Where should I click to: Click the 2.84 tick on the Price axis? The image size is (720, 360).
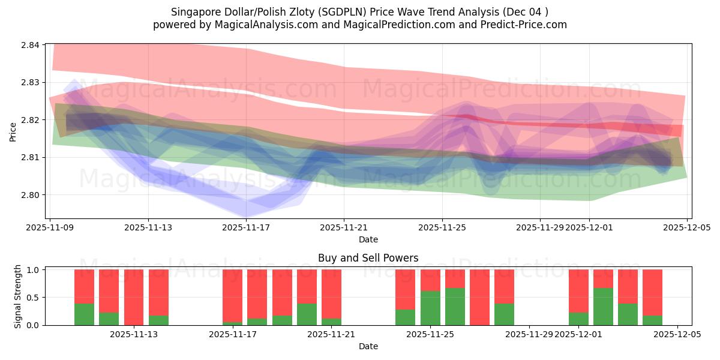pos(31,45)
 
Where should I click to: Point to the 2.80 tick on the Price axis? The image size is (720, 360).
pos(31,195)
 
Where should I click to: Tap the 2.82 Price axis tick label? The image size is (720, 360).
pos(31,120)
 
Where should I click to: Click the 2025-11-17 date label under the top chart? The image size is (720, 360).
pos(247,227)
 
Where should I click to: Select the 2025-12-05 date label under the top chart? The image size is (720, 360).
pos(687,227)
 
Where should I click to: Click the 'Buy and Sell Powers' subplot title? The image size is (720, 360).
pos(368,259)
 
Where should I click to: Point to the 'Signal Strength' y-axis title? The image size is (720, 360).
pos(17,297)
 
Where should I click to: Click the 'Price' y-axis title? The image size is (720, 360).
pos(13,131)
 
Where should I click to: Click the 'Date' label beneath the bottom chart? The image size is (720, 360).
pos(368,346)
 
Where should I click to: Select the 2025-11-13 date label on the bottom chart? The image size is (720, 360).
pos(134,334)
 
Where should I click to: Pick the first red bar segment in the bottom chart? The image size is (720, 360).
pos(84,286)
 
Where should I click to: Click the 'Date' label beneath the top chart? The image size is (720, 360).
pos(368,239)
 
